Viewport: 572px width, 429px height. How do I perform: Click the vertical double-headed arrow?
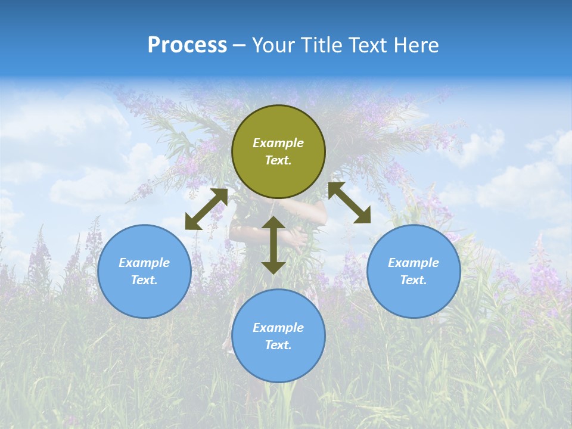[x=273, y=245]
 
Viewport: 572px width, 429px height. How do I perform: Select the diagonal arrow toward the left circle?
[x=206, y=209]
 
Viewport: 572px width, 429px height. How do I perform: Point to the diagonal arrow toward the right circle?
[x=349, y=203]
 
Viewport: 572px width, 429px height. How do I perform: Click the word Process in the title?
[x=187, y=45]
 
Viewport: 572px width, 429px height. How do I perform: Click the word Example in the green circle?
[x=278, y=143]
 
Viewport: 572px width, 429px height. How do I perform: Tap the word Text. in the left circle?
[x=144, y=280]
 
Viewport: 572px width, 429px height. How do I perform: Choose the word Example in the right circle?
[x=414, y=263]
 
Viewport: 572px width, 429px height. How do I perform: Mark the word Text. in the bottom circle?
[x=278, y=345]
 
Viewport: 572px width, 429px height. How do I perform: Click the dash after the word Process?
[x=239, y=46]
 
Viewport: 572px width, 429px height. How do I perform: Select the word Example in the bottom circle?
[x=278, y=328]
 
